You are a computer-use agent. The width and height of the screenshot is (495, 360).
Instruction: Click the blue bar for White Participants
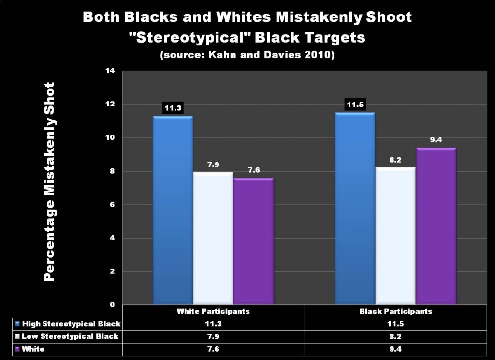tap(173, 210)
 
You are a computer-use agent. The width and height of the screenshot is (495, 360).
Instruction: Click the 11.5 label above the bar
tap(355, 105)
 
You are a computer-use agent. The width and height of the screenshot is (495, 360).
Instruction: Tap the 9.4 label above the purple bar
tap(436, 140)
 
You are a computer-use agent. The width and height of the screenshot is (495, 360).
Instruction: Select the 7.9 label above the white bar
tap(213, 165)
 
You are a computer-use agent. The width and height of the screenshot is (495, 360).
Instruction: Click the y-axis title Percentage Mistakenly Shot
tap(50, 181)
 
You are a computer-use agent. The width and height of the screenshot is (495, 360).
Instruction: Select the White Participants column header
tap(213, 311)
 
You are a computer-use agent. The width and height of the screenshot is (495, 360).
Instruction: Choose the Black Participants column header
tap(395, 311)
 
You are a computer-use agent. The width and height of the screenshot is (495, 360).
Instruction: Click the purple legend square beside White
tap(18, 349)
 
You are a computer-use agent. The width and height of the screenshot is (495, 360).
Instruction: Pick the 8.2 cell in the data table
tap(395, 336)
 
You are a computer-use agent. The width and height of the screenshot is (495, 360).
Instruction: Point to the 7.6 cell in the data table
tap(213, 348)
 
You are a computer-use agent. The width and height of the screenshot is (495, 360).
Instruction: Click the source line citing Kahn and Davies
tap(247, 55)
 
